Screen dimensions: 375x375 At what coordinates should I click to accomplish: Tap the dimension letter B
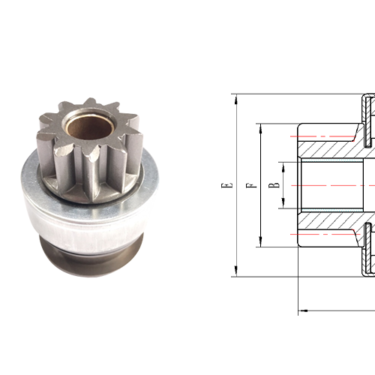(x=276, y=184)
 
